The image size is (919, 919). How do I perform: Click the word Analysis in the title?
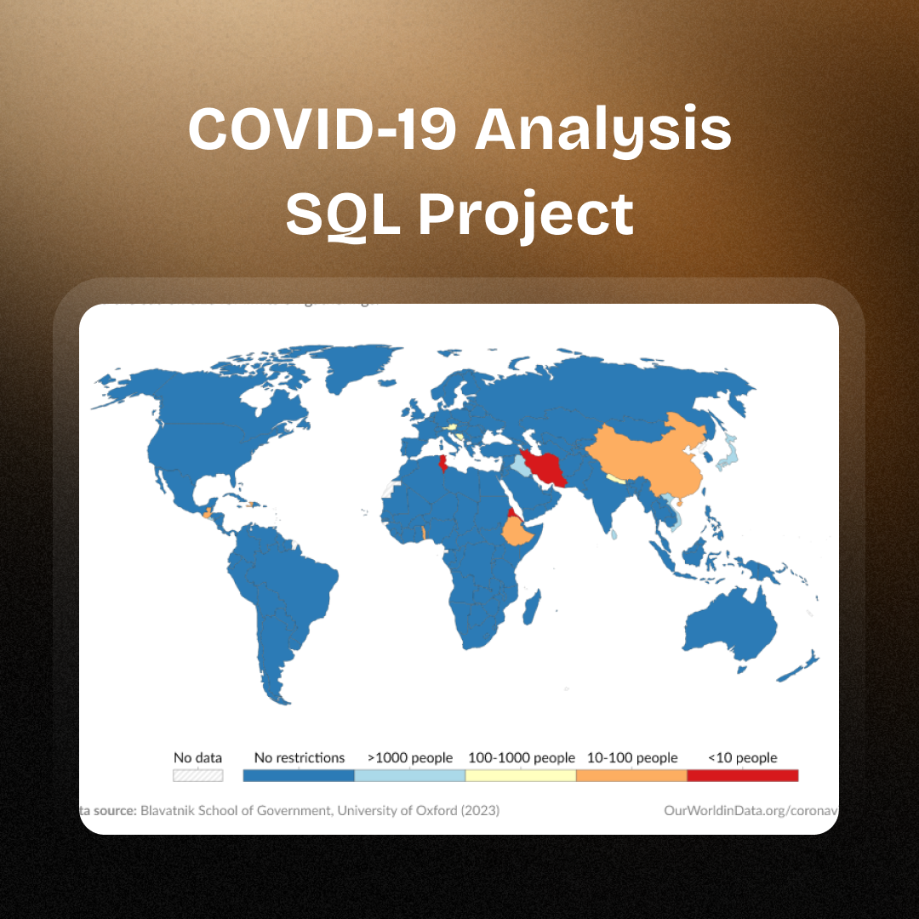[x=602, y=129]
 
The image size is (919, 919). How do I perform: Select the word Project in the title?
[x=526, y=214]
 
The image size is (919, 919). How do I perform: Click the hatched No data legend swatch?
[x=197, y=775]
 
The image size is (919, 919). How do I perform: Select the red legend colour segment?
[x=742, y=775]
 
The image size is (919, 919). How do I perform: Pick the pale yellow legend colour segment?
[x=521, y=775]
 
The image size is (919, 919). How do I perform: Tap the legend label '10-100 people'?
[x=632, y=757]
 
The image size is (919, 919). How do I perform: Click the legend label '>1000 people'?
[x=410, y=757]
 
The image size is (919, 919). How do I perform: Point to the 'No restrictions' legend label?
[x=300, y=757]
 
